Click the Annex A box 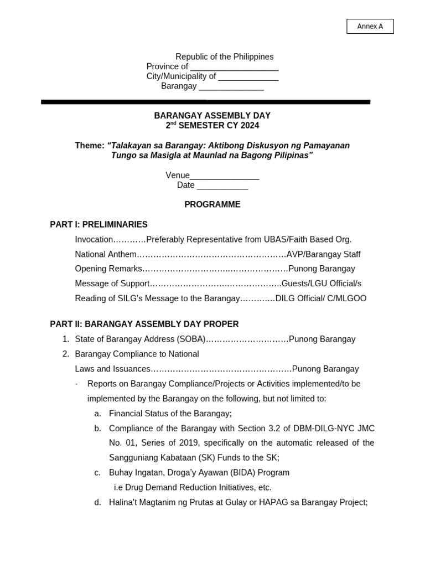(x=370, y=27)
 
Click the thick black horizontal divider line (x=205, y=102)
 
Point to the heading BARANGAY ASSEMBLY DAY (x=212, y=116)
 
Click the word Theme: (x=90, y=146)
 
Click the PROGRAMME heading (x=212, y=204)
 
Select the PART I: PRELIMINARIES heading (x=99, y=224)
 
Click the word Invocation (x=94, y=239)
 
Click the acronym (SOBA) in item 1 (x=191, y=339)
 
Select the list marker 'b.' (x=98, y=428)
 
